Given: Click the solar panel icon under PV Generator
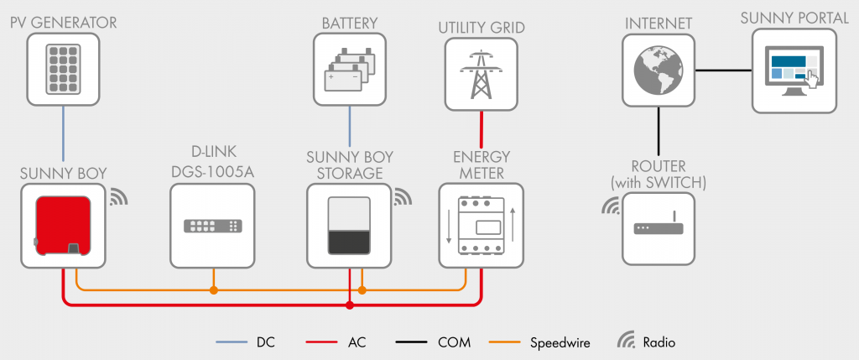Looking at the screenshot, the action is (63, 69).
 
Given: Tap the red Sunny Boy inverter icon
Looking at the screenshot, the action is (62, 225).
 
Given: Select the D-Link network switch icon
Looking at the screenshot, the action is (212, 226).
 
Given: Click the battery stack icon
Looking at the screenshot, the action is (350, 69).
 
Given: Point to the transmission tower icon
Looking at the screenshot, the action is (481, 75).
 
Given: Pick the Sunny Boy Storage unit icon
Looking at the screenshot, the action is (349, 225).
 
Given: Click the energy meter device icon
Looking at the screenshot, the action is (481, 225).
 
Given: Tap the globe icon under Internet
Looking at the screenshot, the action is (659, 70).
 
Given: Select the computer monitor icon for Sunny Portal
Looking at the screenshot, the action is (794, 71).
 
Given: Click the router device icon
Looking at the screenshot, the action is (659, 226).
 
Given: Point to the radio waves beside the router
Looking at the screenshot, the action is (611, 206).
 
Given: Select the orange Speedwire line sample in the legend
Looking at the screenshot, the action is (504, 343).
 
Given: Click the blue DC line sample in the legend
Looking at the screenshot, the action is (232, 343).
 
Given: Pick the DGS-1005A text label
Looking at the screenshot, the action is (212, 172).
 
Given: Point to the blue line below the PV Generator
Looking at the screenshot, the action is (63, 133).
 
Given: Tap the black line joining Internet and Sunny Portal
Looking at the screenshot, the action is (723, 70).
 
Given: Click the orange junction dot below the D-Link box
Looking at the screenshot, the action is (214, 290).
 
